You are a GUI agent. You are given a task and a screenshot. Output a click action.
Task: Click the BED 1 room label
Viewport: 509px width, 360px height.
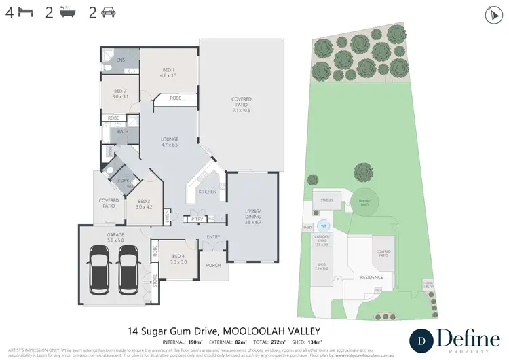click(169, 72)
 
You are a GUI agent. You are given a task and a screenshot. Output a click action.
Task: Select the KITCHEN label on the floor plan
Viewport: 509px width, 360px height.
click(208, 192)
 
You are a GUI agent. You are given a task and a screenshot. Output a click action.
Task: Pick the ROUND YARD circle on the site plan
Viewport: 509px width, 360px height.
click(364, 201)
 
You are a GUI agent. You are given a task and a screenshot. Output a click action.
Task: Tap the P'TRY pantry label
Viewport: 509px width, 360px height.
click(197, 219)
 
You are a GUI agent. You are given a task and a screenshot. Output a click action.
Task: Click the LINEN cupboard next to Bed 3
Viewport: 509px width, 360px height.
click(167, 217)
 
